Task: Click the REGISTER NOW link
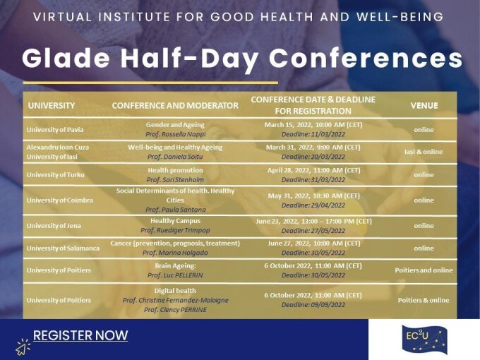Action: pos(80,335)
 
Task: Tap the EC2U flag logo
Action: pos(424,340)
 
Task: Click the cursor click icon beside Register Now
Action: pos(23,347)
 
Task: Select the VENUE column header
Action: pos(424,106)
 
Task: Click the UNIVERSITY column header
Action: pos(52,106)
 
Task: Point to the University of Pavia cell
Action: pos(55,130)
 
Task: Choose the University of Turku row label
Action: pos(55,175)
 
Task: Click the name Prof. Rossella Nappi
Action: pos(175,134)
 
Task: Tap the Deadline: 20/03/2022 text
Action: pos(313,157)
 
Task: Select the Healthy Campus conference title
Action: pos(175,221)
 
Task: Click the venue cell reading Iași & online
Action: pos(424,152)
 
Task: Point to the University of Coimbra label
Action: pos(60,200)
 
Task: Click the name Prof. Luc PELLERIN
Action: pos(175,275)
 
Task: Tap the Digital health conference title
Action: pos(175,291)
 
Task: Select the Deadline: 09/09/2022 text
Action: pos(313,305)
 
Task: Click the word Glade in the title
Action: pos(66,58)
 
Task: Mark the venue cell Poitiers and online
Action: pos(424,270)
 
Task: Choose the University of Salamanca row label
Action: pos(63,248)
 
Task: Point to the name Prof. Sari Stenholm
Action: pos(175,180)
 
